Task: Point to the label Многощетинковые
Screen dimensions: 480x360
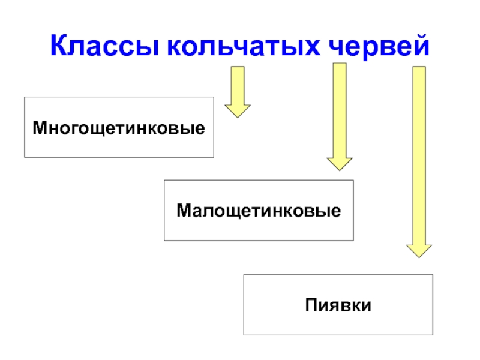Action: coord(119,128)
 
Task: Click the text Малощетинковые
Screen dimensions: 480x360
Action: coord(259,211)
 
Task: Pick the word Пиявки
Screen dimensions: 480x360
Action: coord(338,305)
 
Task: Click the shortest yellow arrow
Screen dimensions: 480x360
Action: coord(238,90)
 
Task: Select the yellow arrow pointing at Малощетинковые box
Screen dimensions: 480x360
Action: coord(340,114)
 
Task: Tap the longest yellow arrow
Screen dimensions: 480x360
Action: coord(419,156)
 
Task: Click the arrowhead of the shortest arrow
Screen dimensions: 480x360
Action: coord(238,110)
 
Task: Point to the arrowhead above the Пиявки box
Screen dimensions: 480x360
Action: coord(419,250)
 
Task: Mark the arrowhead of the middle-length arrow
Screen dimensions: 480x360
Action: coord(340,163)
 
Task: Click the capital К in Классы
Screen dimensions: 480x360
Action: coord(58,46)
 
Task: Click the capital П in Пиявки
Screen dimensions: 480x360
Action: coord(310,305)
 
